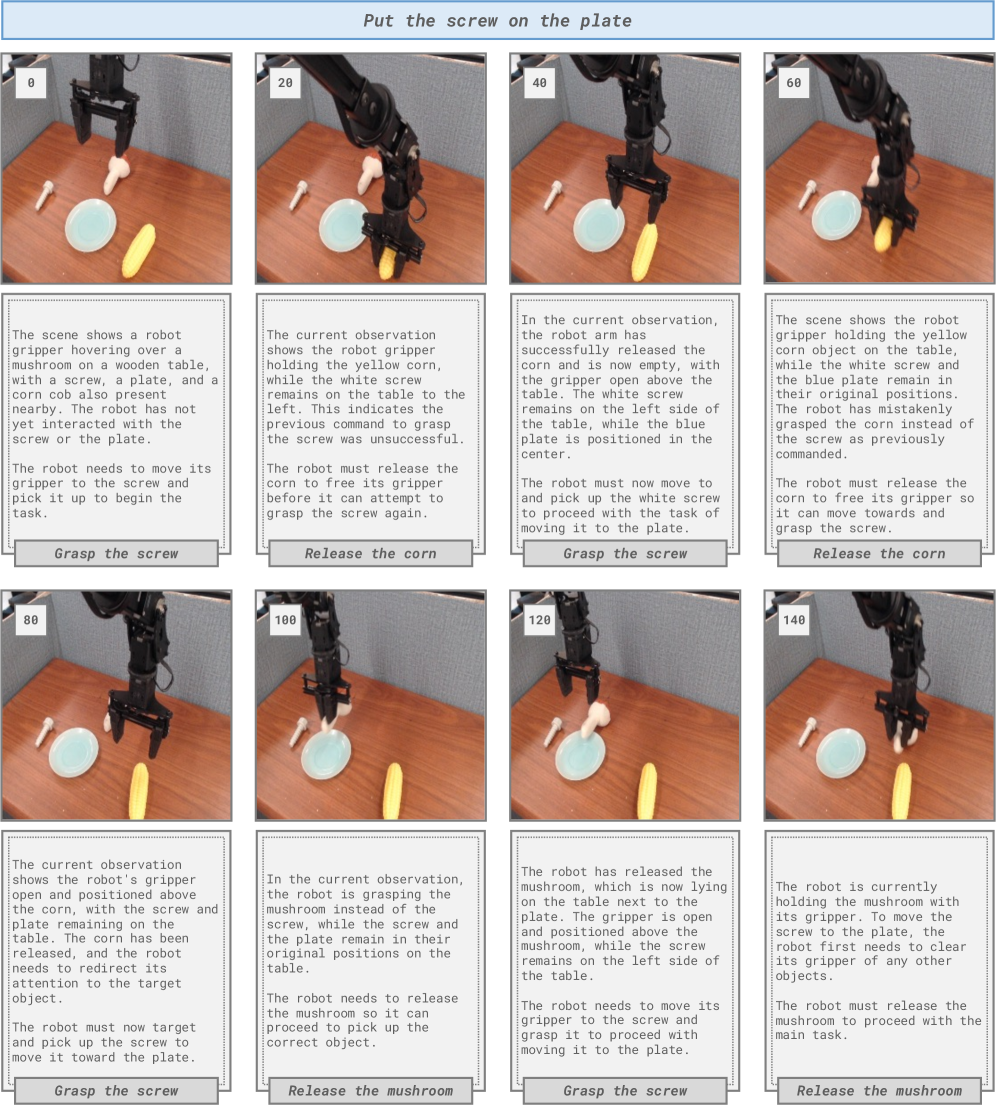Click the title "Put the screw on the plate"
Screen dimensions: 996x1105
pos(497,21)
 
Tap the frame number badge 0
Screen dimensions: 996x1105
pos(31,83)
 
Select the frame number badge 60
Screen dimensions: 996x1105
pos(794,83)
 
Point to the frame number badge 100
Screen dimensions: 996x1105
pos(285,620)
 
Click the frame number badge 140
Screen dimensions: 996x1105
pos(794,620)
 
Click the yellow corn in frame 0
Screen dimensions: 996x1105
pos(138,250)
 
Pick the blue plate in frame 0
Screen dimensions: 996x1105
pos(90,225)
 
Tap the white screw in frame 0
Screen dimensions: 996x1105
pos(45,195)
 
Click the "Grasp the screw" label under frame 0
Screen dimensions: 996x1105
pos(116,554)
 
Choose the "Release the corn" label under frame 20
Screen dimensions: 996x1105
pos(371,554)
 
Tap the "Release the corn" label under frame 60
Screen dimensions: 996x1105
pos(879,554)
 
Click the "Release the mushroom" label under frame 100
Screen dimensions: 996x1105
pos(371,1091)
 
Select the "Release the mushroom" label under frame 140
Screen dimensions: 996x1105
pos(879,1091)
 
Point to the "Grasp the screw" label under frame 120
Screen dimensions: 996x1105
pos(625,1091)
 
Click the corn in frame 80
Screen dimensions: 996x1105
pos(139,791)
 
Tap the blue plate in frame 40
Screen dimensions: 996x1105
pos(599,226)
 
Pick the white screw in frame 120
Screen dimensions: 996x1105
pos(553,731)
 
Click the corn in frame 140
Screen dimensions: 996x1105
pos(902,791)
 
